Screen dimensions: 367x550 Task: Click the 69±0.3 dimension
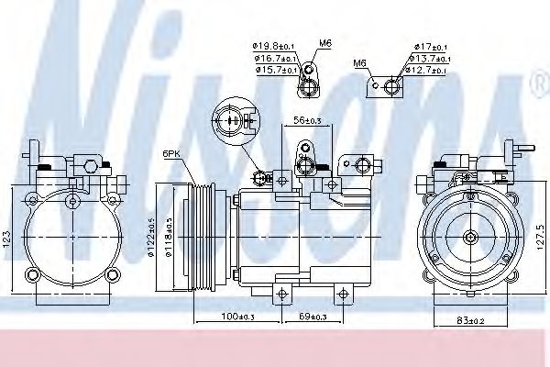click(313, 317)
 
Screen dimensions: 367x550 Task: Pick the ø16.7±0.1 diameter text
click(273, 56)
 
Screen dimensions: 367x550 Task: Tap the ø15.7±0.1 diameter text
click(273, 68)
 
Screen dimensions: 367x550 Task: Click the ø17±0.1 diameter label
click(428, 46)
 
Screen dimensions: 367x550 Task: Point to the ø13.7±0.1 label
click(428, 58)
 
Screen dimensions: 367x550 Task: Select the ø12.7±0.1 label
click(428, 70)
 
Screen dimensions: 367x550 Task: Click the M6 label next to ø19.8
click(324, 42)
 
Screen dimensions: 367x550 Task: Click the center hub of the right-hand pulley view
click(470, 239)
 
